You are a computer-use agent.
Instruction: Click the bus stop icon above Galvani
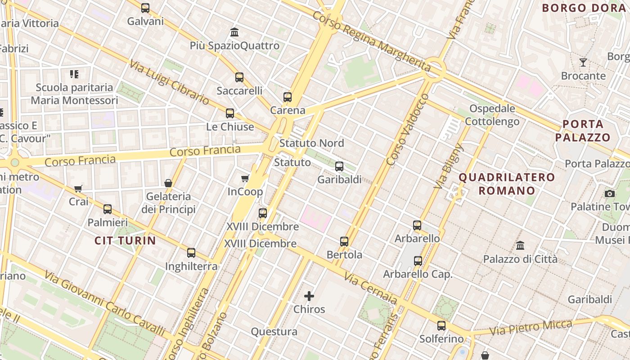point(145,8)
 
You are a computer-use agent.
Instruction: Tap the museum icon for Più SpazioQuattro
point(234,32)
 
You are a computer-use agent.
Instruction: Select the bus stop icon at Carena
point(288,97)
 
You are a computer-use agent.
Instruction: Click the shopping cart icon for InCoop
point(245,179)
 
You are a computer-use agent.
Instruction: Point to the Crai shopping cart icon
point(78,189)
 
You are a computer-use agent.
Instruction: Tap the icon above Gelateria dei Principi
point(168,183)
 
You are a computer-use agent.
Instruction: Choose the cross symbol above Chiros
point(309,296)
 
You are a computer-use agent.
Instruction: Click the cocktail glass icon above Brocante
point(583,63)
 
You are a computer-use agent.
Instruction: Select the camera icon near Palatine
point(610,193)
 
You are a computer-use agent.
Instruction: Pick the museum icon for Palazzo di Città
point(520,246)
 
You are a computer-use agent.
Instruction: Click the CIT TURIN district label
point(125,241)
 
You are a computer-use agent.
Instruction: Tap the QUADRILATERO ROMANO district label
point(507,184)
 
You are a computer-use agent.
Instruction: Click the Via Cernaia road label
point(371,288)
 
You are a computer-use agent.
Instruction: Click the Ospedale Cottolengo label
point(492,115)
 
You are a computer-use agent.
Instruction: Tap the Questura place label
point(274,332)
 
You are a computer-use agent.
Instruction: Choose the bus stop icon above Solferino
point(441,325)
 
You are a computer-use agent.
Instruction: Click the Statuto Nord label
point(311,144)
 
